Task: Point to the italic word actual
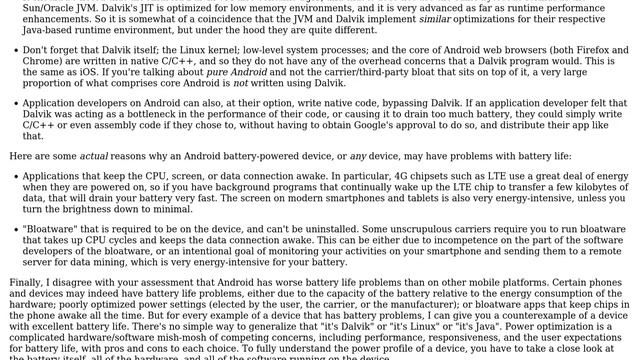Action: pos(94,156)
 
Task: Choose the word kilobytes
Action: pos(594,188)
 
